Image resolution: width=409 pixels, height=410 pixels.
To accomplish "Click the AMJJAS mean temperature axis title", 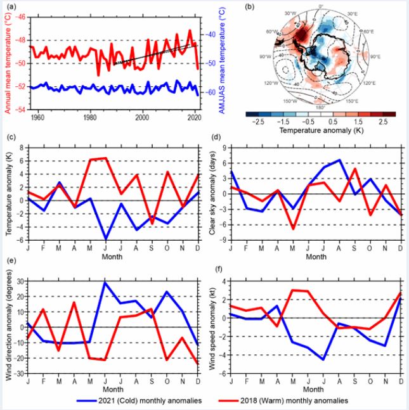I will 223,63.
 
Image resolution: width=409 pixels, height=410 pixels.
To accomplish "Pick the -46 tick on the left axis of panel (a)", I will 21,17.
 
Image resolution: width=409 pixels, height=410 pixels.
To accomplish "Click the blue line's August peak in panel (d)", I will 340,160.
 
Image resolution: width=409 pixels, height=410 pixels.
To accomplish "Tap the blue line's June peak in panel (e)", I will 105,282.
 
